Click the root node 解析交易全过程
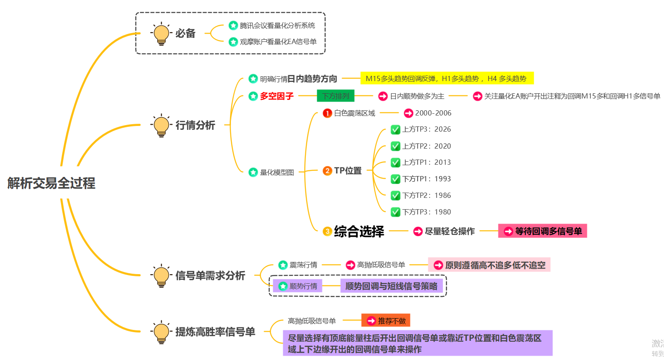pos(51,183)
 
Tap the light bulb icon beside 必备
pos(161,34)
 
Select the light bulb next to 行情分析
pos(161,125)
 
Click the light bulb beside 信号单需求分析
pos(161,275)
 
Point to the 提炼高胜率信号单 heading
pos(215,332)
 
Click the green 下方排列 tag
pos(335,96)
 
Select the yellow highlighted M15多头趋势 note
pos(447,78)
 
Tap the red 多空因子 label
pos(277,96)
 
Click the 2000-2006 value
pos(433,113)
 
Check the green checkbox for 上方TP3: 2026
pos(395,129)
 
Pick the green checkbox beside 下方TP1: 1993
pos(395,179)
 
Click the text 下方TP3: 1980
pos(427,212)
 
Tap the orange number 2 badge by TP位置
pos(327,171)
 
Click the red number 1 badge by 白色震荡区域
pos(327,113)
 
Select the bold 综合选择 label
pos(359,231)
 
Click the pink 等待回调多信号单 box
pos(542,231)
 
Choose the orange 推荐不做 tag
pos(386,321)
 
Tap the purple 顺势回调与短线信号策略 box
pos(391,286)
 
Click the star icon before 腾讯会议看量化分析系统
pos(233,26)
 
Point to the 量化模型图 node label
pos(277,173)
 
